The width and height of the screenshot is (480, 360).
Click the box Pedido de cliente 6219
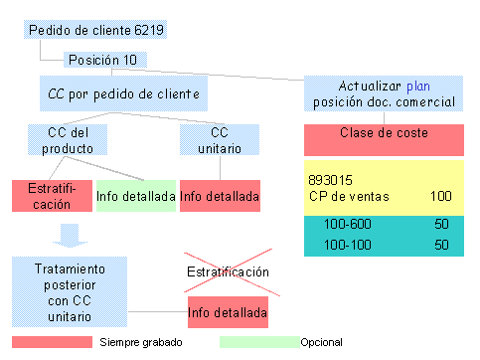96,30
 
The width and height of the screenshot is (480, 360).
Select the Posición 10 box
103,60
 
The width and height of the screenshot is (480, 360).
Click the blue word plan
416,85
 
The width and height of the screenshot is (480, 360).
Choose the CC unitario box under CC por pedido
220,141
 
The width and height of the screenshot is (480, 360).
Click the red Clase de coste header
384,132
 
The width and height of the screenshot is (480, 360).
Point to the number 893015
333,181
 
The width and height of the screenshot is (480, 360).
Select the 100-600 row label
344,225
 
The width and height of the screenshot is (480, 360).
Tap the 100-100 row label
344,244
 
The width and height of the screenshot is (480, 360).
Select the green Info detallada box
136,196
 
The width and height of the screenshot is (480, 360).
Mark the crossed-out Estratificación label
228,270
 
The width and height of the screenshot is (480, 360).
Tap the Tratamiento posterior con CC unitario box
66,292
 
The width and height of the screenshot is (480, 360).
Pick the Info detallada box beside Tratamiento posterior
228,313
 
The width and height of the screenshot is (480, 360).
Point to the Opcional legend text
322,342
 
